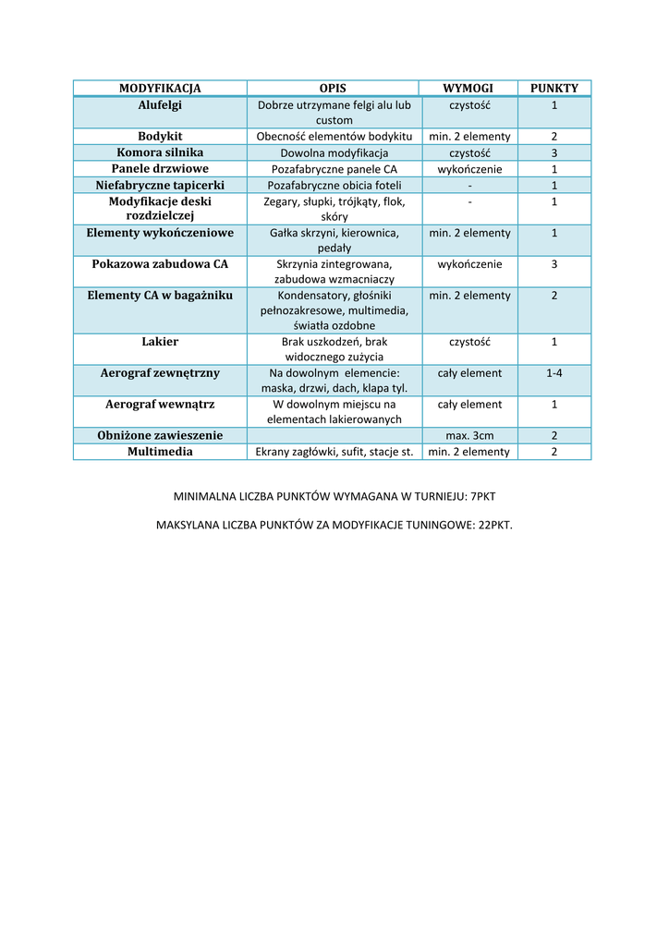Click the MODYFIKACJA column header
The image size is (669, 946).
[x=160, y=89]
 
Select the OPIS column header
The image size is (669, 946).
[x=333, y=89]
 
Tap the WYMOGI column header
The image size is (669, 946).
[x=468, y=89]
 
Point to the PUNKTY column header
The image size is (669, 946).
[x=554, y=89]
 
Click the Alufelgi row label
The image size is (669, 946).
[x=160, y=105]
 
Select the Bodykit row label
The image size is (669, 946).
[x=160, y=137]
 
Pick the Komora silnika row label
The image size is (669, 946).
[x=160, y=152]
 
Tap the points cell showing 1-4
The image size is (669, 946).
[x=554, y=373]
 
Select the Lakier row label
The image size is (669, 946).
[x=160, y=342]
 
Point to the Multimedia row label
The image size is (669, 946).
[x=160, y=452]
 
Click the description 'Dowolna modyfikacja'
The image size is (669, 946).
[x=334, y=153]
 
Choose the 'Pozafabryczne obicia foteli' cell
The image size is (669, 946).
[x=334, y=185]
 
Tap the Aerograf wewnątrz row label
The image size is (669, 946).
[x=160, y=405]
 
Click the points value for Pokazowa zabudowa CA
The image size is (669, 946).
[x=554, y=264]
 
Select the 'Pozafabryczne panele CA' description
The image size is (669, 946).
[x=334, y=169]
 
